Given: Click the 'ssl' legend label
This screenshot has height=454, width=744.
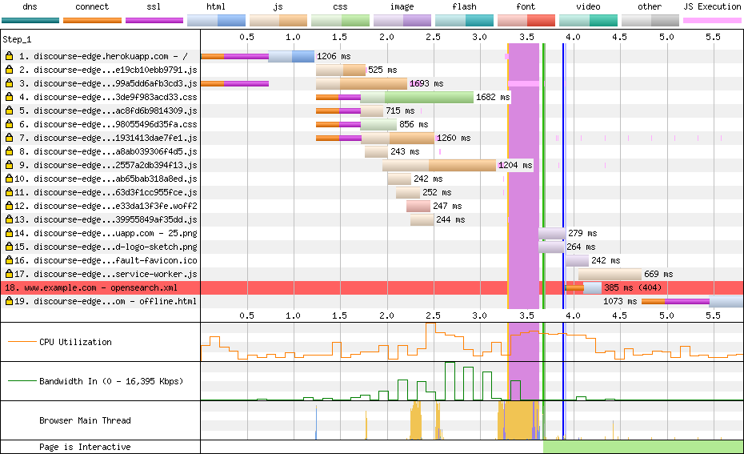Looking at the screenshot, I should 154,6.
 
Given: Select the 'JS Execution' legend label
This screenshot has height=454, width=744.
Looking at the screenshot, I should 712,6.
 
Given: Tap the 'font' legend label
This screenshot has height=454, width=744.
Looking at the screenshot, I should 526,6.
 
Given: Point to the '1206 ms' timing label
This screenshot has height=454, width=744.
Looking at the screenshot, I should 334,57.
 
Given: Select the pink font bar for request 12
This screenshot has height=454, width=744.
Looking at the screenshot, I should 418,206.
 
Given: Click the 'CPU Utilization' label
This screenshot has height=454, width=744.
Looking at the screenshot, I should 75,342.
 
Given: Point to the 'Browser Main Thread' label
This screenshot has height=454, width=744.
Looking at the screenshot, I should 85,420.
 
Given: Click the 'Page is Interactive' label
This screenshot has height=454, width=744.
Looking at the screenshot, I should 85,447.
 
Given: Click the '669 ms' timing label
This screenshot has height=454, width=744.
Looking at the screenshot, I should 658,274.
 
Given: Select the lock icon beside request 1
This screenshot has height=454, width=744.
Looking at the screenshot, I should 9,57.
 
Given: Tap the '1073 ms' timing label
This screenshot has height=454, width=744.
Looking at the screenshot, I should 621,301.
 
